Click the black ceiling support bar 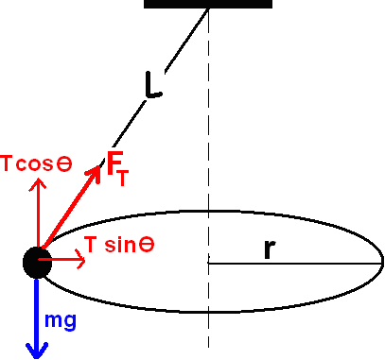(207, 4)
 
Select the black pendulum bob (36, 262)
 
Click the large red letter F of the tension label (114, 163)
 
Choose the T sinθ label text (120, 244)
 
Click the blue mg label (61, 320)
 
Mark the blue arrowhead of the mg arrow (36, 350)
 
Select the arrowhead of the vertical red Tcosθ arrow (38, 182)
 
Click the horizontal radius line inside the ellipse (293, 263)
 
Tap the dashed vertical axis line (208, 142)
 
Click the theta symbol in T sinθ (147, 244)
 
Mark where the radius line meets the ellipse (382, 263)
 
